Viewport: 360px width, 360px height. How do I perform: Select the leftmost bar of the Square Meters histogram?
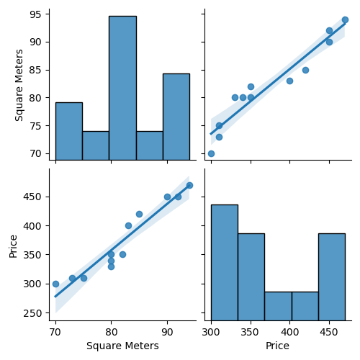click(x=68, y=131)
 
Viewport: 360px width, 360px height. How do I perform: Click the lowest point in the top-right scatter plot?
click(x=211, y=153)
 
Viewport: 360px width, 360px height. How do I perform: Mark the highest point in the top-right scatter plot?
click(x=345, y=20)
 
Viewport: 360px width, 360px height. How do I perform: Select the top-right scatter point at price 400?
click(x=289, y=81)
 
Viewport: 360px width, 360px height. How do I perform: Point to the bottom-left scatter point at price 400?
click(x=128, y=225)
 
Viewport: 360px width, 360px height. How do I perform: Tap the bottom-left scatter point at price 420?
click(x=139, y=214)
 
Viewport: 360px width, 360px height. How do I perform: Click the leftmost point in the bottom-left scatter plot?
click(x=55, y=284)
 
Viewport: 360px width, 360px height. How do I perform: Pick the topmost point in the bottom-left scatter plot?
click(x=189, y=185)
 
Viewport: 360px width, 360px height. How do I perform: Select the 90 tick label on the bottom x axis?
click(x=167, y=333)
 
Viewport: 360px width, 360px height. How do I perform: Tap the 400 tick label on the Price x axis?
click(x=289, y=333)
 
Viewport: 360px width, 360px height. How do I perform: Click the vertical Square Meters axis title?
click(x=19, y=84)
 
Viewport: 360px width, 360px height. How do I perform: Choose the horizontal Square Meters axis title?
click(x=122, y=346)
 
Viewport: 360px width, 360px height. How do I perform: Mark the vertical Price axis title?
click(x=13, y=245)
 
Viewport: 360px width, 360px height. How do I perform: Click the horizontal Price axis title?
click(x=278, y=346)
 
